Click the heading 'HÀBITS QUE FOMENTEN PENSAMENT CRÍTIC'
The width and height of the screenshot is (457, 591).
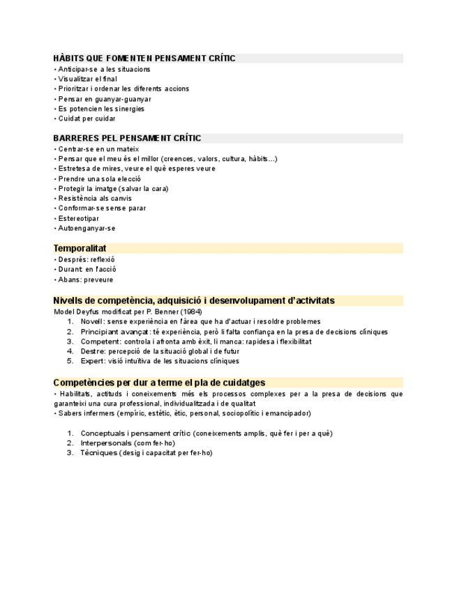point(144,59)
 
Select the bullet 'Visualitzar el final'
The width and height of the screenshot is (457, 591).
point(87,79)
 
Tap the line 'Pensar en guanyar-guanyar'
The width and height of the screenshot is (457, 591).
point(105,99)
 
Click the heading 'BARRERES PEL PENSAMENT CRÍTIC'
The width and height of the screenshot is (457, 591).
point(127,138)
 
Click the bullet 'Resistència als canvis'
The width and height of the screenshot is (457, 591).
point(95,198)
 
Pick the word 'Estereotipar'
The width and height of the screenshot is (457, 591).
point(78,218)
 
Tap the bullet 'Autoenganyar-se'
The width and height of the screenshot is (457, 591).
point(87,228)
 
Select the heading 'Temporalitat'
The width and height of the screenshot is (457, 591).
point(80,248)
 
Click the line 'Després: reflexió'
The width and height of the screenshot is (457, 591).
point(86,259)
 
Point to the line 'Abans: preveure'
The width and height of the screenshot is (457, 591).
point(85,279)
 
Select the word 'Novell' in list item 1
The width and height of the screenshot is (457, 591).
point(91,321)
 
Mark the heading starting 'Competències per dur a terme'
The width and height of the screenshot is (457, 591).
point(159,382)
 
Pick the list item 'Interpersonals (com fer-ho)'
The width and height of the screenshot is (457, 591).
point(128,443)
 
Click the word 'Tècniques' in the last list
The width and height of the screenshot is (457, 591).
point(98,452)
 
